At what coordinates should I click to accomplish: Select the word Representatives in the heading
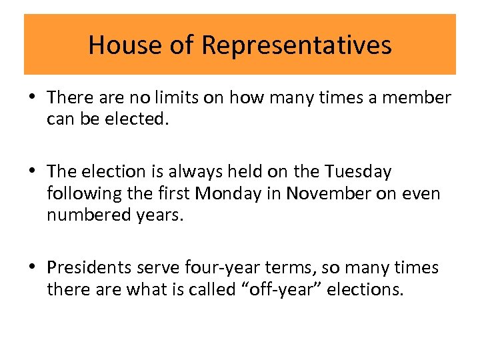[296, 45]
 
